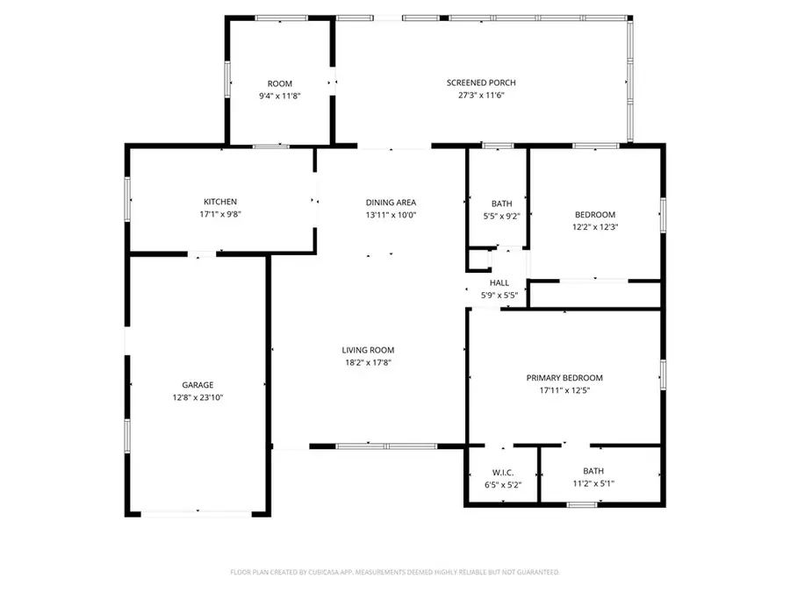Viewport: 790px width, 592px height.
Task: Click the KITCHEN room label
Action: (x=220, y=202)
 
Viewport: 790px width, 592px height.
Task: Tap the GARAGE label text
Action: (x=197, y=384)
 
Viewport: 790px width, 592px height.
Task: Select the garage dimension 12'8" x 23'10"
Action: (x=197, y=397)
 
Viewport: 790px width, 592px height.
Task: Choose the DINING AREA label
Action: (x=391, y=202)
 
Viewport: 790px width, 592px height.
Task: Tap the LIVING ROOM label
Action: (x=368, y=350)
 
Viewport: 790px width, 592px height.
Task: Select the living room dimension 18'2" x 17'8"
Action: (x=368, y=362)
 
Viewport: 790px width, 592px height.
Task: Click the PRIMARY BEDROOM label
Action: (x=564, y=378)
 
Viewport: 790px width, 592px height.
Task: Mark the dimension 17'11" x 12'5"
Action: (x=564, y=390)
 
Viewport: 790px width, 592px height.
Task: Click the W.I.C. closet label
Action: (x=503, y=473)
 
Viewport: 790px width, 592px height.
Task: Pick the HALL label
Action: (x=499, y=283)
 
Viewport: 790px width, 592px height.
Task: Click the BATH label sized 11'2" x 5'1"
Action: (x=593, y=471)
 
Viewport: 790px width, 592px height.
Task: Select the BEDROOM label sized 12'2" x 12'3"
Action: (x=594, y=215)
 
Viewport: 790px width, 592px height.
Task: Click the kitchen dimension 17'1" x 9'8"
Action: (x=220, y=214)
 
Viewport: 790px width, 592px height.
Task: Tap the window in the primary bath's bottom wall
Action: (x=581, y=504)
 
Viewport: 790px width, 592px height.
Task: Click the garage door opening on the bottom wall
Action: (x=197, y=513)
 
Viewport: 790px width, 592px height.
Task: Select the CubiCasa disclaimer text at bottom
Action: (x=394, y=572)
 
